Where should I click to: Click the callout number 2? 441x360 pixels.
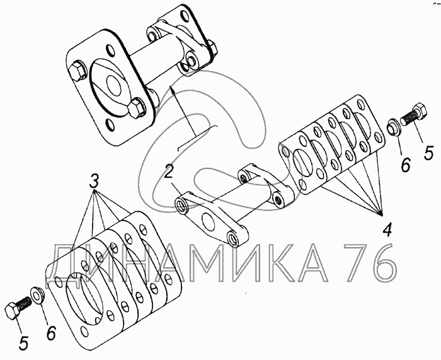(x=168, y=173)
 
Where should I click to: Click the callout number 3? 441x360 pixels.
(x=94, y=182)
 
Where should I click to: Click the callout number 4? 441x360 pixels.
(x=387, y=229)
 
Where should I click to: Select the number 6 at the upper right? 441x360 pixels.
(x=406, y=165)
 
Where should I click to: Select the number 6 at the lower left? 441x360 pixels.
(x=51, y=333)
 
